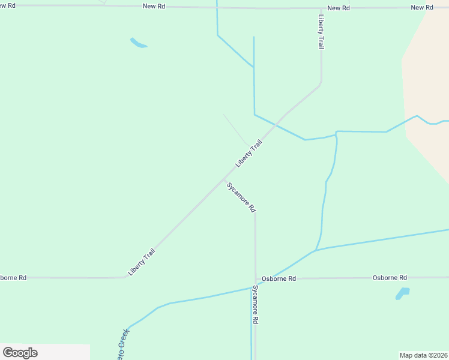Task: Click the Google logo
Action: (x=20, y=352)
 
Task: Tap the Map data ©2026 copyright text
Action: (x=424, y=355)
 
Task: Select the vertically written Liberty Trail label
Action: (x=322, y=32)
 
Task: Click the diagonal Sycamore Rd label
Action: (x=241, y=197)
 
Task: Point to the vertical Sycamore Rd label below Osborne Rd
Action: (x=255, y=305)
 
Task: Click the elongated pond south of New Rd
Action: (x=138, y=43)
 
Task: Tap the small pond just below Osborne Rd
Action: (x=402, y=293)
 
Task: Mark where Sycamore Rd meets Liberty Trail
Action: (x=224, y=178)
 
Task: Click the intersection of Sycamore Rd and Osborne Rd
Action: (x=256, y=279)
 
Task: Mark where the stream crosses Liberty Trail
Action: (x=276, y=124)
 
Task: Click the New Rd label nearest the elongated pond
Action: (x=154, y=6)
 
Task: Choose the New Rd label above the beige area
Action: (x=422, y=7)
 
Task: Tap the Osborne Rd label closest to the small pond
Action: (x=390, y=278)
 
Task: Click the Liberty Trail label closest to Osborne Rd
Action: (x=142, y=262)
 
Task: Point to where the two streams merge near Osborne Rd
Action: (x=316, y=251)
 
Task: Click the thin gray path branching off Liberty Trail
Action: (x=235, y=129)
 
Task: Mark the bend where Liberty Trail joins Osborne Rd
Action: (x=125, y=277)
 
